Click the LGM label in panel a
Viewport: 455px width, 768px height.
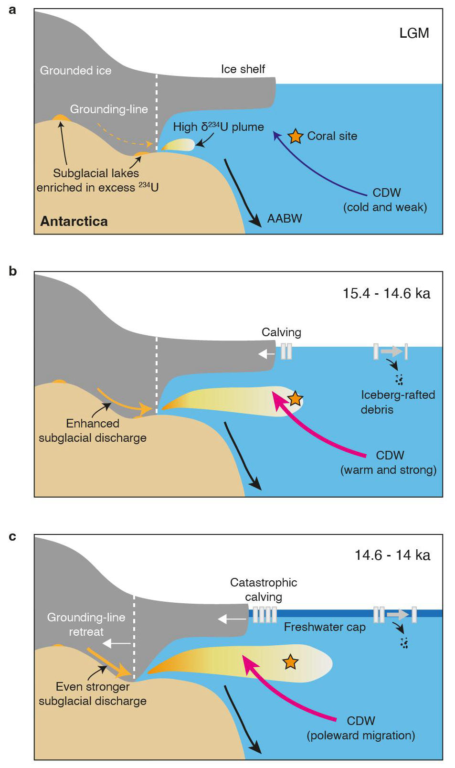point(414,33)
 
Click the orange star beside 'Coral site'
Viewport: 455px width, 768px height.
point(296,136)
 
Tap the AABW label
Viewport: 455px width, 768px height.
point(285,218)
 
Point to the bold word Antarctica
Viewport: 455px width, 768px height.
point(74,221)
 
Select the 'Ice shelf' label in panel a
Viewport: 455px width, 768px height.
point(243,69)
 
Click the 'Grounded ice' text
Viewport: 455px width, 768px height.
point(75,71)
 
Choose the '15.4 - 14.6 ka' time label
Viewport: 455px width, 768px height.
point(386,293)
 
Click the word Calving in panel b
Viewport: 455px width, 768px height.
point(281,332)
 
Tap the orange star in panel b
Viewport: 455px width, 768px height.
point(295,398)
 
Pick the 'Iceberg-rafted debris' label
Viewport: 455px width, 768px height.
point(397,402)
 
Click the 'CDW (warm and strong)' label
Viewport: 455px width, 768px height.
point(388,462)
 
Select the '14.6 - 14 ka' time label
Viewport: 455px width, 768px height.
point(392,555)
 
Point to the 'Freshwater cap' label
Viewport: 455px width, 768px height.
point(325,627)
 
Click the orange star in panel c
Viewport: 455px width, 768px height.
point(290,662)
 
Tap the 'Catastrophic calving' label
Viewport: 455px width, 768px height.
point(264,589)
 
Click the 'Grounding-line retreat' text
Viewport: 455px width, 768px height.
point(86,624)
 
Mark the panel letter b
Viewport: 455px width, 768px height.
point(13,271)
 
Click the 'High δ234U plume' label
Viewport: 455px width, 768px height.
point(218,127)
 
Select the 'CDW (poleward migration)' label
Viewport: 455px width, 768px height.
point(361,728)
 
